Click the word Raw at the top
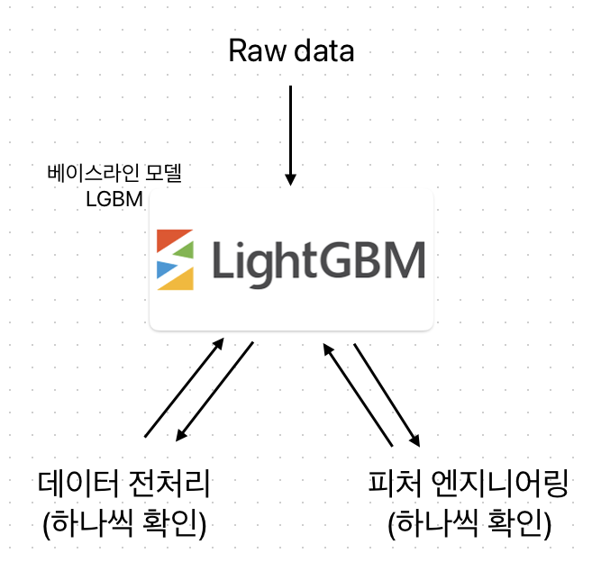pyautogui.click(x=250, y=50)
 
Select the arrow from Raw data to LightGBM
pyautogui.click(x=291, y=135)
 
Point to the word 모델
pyautogui.click(x=160, y=172)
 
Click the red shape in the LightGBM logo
pyautogui.click(x=173, y=240)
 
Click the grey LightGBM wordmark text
pyautogui.click(x=317, y=260)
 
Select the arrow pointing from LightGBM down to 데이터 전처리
pyautogui.click(x=214, y=392)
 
